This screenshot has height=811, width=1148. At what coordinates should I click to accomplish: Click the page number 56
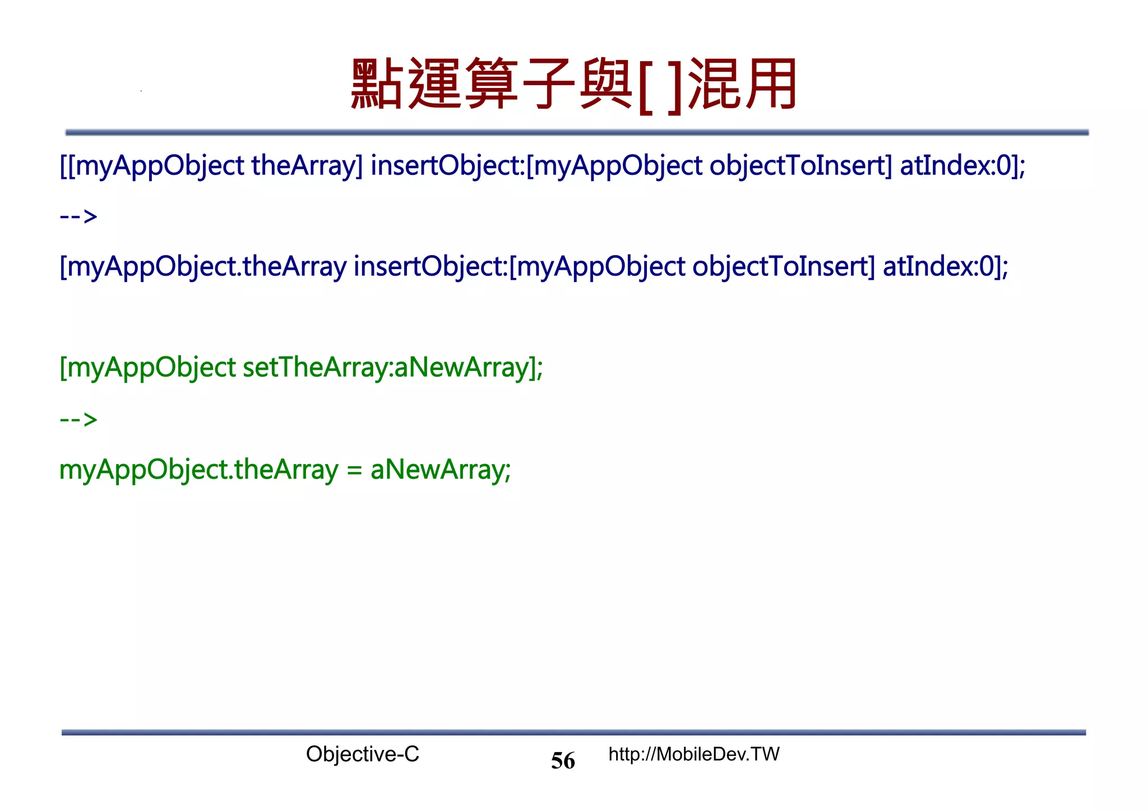(x=563, y=761)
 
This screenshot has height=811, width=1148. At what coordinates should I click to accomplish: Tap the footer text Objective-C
(x=362, y=754)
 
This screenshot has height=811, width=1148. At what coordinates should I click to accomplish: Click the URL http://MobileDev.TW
(x=694, y=754)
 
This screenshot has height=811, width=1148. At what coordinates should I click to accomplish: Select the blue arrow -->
(x=78, y=216)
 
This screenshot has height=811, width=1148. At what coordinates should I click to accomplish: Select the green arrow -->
(x=78, y=419)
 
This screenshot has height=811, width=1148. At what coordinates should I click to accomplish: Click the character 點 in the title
(x=377, y=84)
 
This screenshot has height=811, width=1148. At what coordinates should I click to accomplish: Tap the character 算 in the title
(x=491, y=84)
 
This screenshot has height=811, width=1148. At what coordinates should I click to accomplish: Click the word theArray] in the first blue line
(x=307, y=166)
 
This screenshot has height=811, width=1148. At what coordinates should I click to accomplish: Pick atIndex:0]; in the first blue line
(x=962, y=166)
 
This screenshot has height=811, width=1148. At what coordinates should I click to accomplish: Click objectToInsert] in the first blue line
(x=800, y=166)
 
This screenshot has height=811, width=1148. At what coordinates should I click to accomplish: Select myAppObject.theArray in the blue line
(x=203, y=267)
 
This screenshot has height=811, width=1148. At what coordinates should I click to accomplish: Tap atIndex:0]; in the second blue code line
(x=946, y=267)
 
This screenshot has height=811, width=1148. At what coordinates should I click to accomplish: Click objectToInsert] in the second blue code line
(x=783, y=267)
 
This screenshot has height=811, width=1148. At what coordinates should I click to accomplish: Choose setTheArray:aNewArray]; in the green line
(x=392, y=368)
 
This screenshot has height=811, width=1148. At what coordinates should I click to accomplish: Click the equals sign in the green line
(x=354, y=470)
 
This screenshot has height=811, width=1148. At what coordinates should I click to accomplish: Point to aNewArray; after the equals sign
(x=441, y=470)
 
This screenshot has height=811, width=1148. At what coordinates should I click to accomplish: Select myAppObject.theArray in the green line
(x=198, y=470)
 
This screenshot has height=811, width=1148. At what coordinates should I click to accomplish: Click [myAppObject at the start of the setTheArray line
(x=147, y=368)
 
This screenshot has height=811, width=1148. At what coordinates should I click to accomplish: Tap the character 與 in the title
(x=605, y=84)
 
